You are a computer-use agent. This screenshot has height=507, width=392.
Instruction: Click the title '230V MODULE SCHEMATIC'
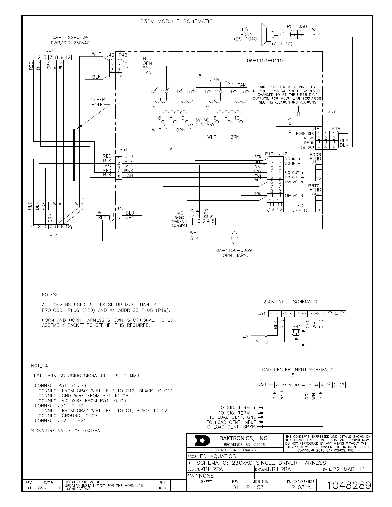click(176, 21)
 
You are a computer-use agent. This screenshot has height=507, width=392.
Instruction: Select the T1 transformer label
click(152, 107)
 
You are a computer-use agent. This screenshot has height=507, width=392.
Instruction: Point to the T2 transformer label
click(206, 107)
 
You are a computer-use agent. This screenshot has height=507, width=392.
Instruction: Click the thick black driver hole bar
click(74, 154)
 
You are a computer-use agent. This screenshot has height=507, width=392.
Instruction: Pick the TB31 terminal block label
click(122, 150)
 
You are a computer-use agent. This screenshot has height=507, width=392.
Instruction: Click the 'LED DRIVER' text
click(299, 208)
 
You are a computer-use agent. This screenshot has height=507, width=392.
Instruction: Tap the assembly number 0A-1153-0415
click(265, 61)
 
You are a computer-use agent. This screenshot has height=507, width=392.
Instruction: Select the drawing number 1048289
click(348, 485)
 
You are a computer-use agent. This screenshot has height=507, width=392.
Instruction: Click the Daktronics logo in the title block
click(202, 441)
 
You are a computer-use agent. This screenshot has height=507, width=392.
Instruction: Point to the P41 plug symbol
click(296, 332)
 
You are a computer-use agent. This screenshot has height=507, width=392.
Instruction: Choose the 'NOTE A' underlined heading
click(39, 366)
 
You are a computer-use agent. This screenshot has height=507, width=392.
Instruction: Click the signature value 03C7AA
click(92, 431)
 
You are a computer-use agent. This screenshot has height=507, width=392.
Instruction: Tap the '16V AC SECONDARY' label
click(202, 122)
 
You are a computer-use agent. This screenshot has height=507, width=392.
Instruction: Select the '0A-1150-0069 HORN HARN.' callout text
click(234, 253)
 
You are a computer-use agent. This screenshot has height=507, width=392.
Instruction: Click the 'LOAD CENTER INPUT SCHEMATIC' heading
click(297, 370)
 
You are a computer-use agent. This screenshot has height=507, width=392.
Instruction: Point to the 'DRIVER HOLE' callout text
click(97, 102)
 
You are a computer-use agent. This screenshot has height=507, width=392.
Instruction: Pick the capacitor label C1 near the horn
click(282, 33)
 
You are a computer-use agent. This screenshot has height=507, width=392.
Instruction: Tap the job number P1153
click(255, 487)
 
